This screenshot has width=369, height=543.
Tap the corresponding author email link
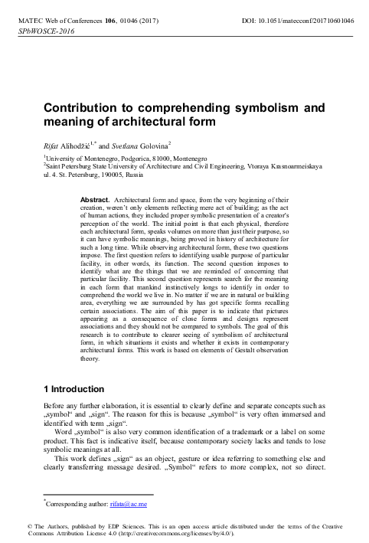click(x=131, y=505)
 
